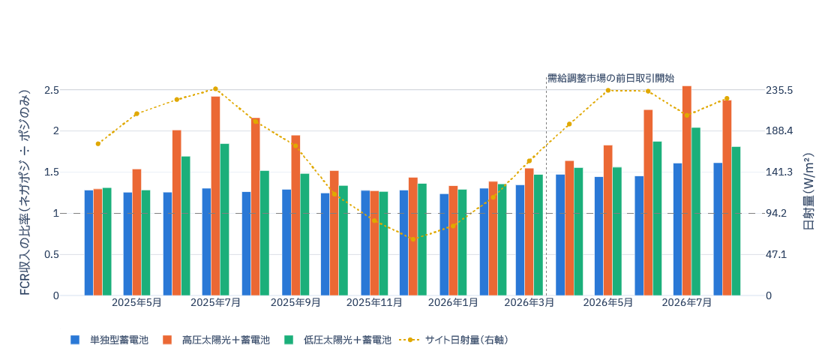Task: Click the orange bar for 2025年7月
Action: click(x=216, y=196)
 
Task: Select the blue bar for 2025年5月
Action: click(x=127, y=244)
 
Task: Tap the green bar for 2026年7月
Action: click(x=695, y=211)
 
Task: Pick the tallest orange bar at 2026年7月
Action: click(x=686, y=190)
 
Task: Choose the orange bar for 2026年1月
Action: click(x=453, y=241)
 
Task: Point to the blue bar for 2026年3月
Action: click(x=520, y=240)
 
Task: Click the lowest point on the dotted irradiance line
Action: click(x=413, y=239)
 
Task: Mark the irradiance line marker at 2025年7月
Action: click(x=216, y=89)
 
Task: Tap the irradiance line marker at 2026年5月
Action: click(x=607, y=90)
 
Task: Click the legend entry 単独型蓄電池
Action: click(x=110, y=340)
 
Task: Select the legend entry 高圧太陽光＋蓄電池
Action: click(x=217, y=340)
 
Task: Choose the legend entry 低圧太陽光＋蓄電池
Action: click(x=337, y=340)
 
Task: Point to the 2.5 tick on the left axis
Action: click(x=52, y=90)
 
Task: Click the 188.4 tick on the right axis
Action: click(x=778, y=131)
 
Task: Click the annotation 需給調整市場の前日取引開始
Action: click(x=610, y=79)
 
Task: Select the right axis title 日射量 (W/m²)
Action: click(x=809, y=193)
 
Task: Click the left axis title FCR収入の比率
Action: click(x=25, y=193)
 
